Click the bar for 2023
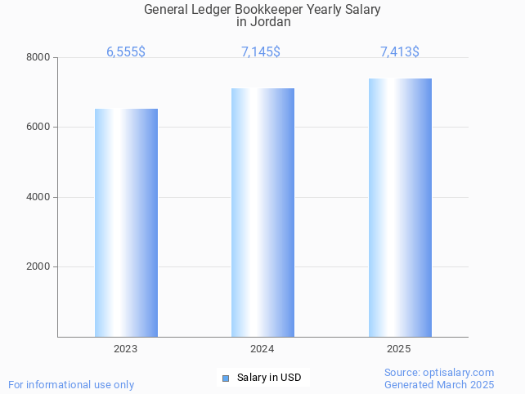coord(126,222)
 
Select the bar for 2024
coord(262,213)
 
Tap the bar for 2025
coord(400,208)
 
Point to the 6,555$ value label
coord(126,51)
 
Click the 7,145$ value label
coord(261,51)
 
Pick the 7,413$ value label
coord(400,51)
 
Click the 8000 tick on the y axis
coord(38,57)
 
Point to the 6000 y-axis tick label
coord(38,128)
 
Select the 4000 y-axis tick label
coord(38,197)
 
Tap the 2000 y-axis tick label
coord(38,267)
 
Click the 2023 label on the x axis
coord(126,349)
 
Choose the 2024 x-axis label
coord(262,349)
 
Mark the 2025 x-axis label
coord(400,349)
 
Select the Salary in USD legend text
coord(269,378)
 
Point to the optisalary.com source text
coord(439,373)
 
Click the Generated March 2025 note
coord(439,384)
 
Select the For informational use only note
coord(71,384)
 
